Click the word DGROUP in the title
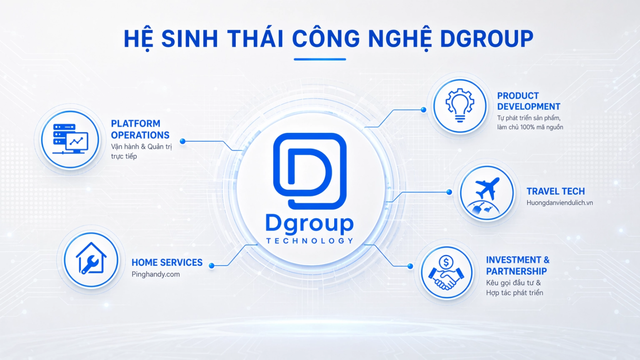point(486,38)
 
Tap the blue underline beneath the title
point(320,59)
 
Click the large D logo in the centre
point(310,171)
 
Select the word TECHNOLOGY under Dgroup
point(310,241)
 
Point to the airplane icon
point(487,188)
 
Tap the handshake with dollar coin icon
point(446,273)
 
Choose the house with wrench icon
point(91,259)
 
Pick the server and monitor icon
point(70,139)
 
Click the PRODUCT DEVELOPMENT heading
point(528,101)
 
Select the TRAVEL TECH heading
point(556,191)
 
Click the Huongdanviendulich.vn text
point(560,203)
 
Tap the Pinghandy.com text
point(156,275)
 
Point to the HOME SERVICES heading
point(167,262)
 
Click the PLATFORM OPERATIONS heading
point(140,129)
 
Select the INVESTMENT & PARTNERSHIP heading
point(517,265)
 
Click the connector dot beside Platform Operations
point(183,141)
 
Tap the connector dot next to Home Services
point(211,266)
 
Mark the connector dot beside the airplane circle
point(449,192)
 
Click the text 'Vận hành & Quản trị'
point(141,147)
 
